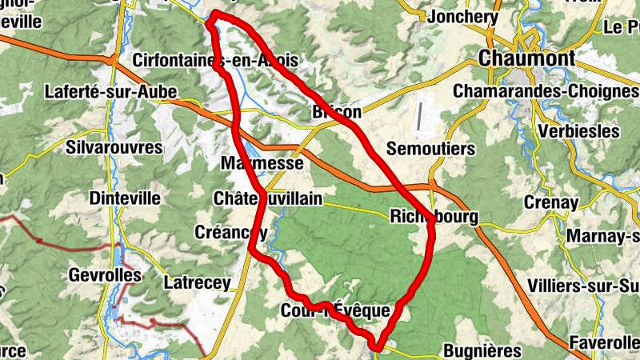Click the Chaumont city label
[x=528, y=58]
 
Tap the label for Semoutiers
[x=430, y=149]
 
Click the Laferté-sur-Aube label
[x=111, y=92]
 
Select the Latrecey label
[x=196, y=282]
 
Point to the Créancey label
[x=231, y=232]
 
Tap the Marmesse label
[x=262, y=164]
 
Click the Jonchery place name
[x=458, y=17]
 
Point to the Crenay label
[x=551, y=203]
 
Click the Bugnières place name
[x=482, y=350]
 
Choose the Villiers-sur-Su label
[x=583, y=286]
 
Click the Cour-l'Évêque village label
[x=335, y=310]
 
